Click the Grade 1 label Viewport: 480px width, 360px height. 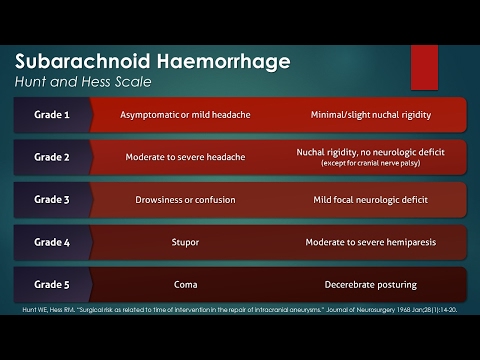click(x=51, y=115)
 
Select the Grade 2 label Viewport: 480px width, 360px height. click(x=51, y=157)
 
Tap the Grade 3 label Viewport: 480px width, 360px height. click(x=51, y=199)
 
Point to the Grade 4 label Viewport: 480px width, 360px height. click(x=51, y=241)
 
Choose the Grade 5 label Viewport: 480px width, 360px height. click(x=51, y=283)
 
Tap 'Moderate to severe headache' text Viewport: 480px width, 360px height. click(x=187, y=157)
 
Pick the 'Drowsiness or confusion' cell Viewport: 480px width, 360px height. click(x=187, y=199)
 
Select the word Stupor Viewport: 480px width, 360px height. click(x=187, y=241)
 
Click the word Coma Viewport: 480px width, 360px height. click(x=187, y=283)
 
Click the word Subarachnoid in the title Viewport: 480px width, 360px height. click(x=85, y=62)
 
